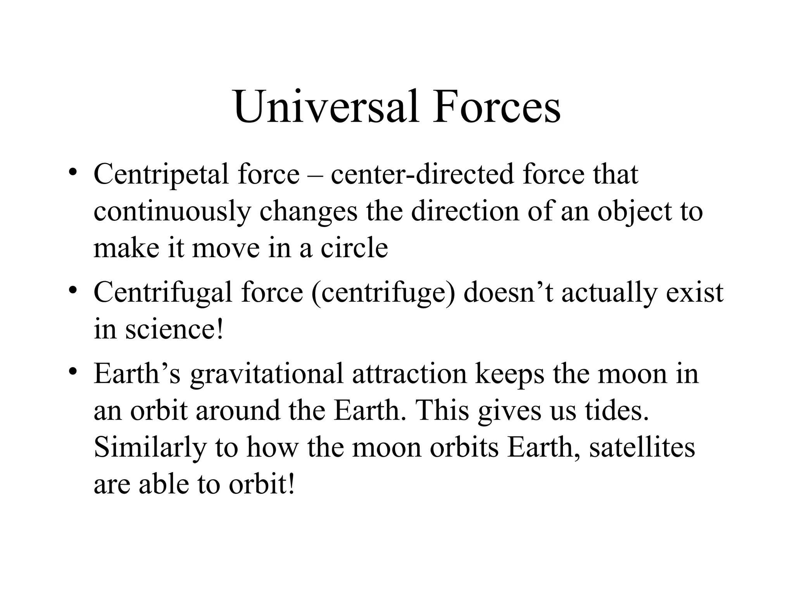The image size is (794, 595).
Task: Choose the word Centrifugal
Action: click(163, 292)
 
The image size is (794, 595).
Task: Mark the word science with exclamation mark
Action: click(174, 329)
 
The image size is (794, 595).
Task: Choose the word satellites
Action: click(642, 447)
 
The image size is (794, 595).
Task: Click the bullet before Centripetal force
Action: click(72, 173)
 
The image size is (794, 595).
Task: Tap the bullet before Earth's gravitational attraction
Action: click(72, 372)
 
